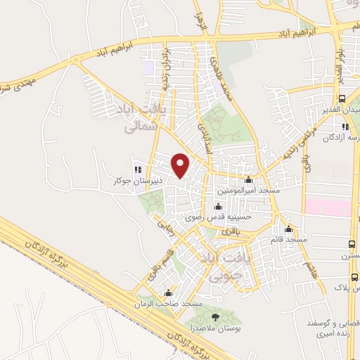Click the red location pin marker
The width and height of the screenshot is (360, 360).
(x=181, y=165)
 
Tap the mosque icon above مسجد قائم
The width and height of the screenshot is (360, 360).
(x=288, y=229)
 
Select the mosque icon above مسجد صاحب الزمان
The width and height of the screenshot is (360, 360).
(x=168, y=293)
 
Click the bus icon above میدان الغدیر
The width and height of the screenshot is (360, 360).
(x=342, y=99)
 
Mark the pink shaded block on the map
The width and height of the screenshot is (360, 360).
(x=328, y=207)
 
